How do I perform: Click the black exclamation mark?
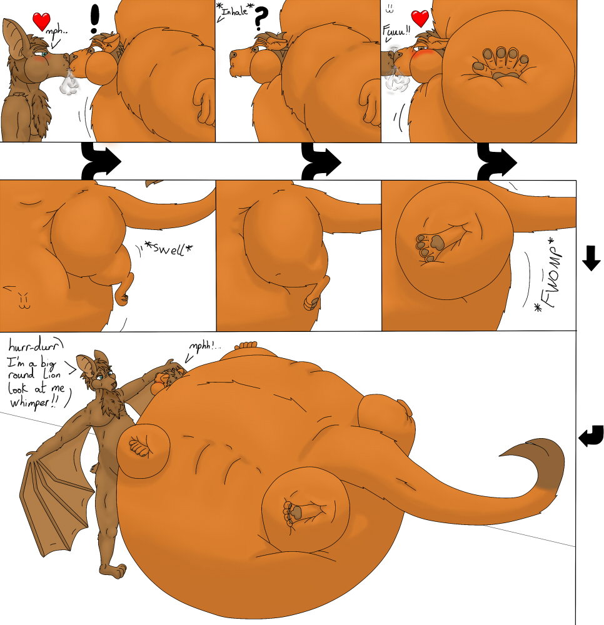pos(94,19)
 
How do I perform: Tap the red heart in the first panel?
pos(41,21)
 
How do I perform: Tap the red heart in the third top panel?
pos(420,19)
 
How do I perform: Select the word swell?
pos(169,249)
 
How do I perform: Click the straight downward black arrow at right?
pos(591,258)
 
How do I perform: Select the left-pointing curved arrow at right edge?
pos(591,436)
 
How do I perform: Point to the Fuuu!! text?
pos(396,31)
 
